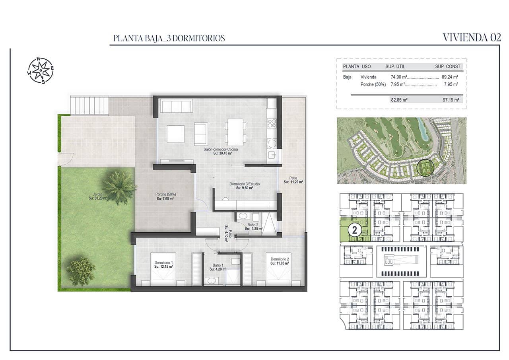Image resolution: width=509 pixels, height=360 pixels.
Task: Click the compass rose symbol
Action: click(41, 70)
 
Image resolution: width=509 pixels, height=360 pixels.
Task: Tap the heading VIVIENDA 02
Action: click(472, 38)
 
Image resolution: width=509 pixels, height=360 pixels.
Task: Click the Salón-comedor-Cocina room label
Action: click(221, 149)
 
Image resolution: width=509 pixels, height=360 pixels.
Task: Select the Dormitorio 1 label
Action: click(163, 263)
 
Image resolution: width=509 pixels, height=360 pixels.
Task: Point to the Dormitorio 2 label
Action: click(280, 259)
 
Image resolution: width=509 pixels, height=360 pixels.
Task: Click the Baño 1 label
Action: click(218, 265)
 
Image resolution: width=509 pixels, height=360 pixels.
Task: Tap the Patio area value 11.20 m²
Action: click(293, 182)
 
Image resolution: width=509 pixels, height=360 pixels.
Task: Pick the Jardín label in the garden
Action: click(97, 194)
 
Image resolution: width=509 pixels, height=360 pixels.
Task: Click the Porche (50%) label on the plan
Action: click(166, 194)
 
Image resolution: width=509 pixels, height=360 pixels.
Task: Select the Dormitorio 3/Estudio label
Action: click(245, 184)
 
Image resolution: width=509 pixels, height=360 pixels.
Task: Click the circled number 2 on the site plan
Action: click(354, 230)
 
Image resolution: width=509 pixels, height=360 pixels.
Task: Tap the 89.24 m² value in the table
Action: click(450, 77)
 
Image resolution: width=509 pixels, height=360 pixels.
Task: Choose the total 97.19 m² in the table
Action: click(451, 100)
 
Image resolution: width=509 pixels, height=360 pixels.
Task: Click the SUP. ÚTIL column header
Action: click(395, 66)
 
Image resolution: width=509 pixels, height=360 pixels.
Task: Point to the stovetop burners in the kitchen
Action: click(272, 123)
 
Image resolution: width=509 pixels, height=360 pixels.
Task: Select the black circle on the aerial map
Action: click(425, 168)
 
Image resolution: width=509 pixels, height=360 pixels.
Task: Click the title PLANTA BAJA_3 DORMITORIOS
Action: click(169, 38)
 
